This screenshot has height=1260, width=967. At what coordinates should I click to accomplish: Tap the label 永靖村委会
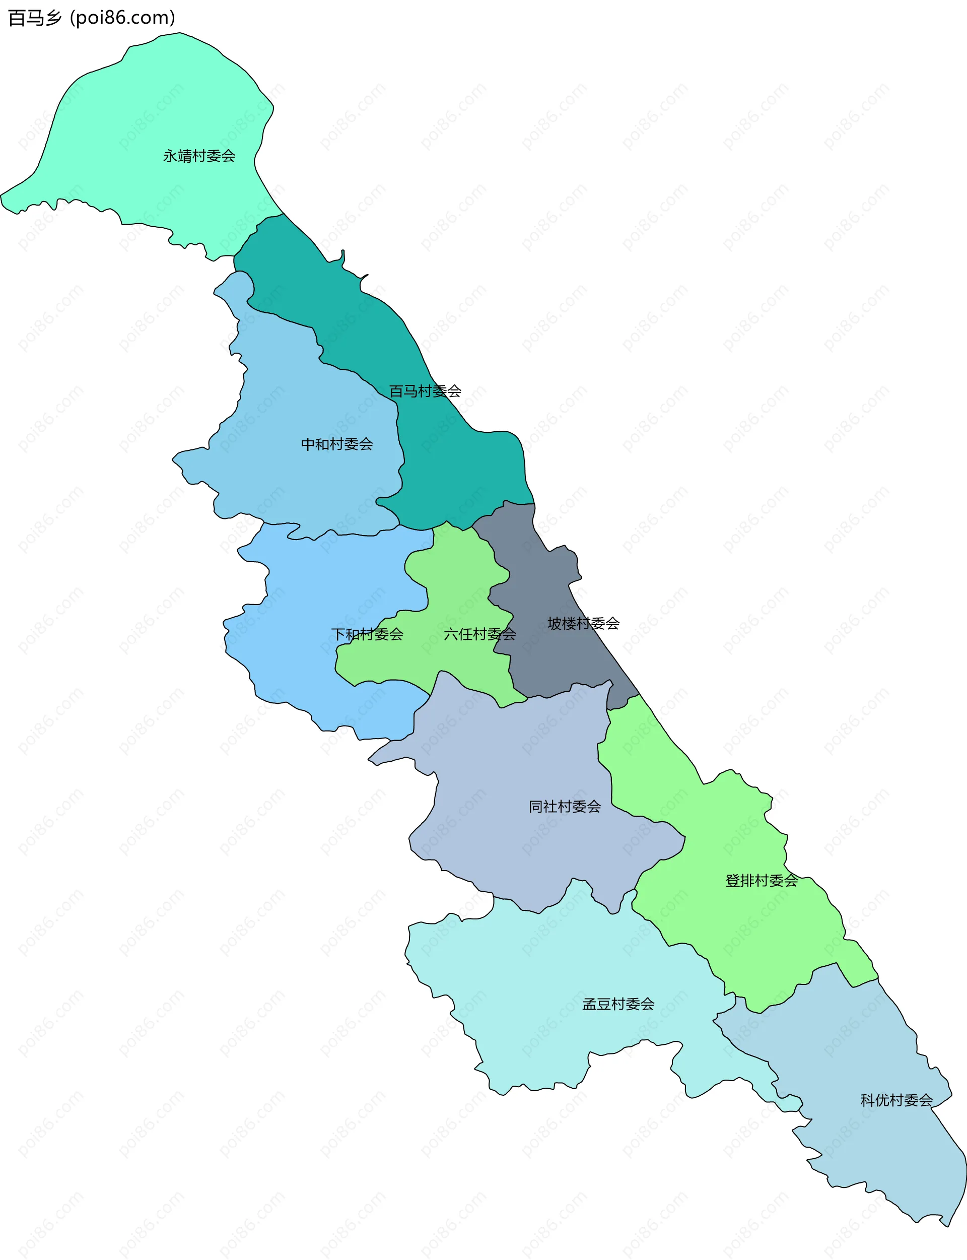click(x=199, y=156)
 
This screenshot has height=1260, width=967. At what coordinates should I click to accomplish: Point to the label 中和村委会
click(x=337, y=444)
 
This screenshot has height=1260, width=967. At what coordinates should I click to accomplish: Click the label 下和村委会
click(x=367, y=634)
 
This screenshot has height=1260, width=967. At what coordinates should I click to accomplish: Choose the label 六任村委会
click(x=479, y=634)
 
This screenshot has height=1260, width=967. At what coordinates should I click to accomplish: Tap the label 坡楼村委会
click(x=583, y=623)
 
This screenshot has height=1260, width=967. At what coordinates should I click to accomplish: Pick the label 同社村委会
click(x=565, y=807)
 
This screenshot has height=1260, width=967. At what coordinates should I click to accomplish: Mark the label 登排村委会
click(x=762, y=881)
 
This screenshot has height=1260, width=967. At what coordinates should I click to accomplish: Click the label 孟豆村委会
click(x=618, y=1005)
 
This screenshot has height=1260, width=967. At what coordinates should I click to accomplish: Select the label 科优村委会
click(x=896, y=1101)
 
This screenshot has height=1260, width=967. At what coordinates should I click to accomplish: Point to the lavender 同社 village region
click(x=518, y=766)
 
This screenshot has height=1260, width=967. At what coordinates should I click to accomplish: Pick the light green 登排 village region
click(x=748, y=933)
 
